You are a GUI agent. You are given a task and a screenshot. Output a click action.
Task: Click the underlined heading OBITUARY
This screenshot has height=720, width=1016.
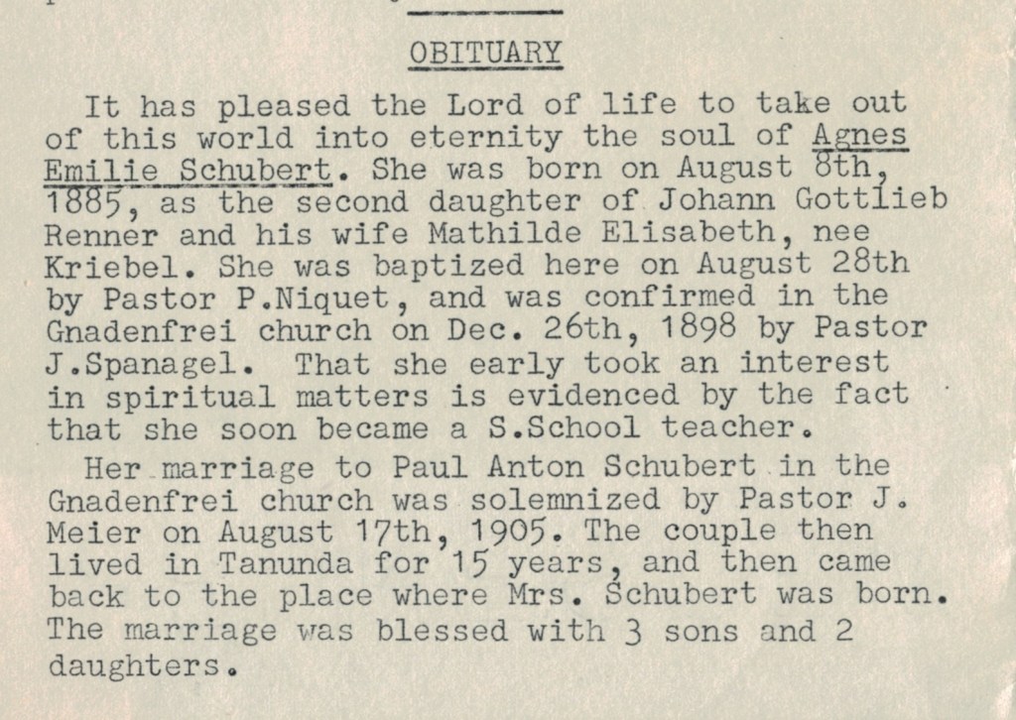(485, 52)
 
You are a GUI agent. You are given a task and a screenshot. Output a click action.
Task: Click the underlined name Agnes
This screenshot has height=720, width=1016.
(859, 136)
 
